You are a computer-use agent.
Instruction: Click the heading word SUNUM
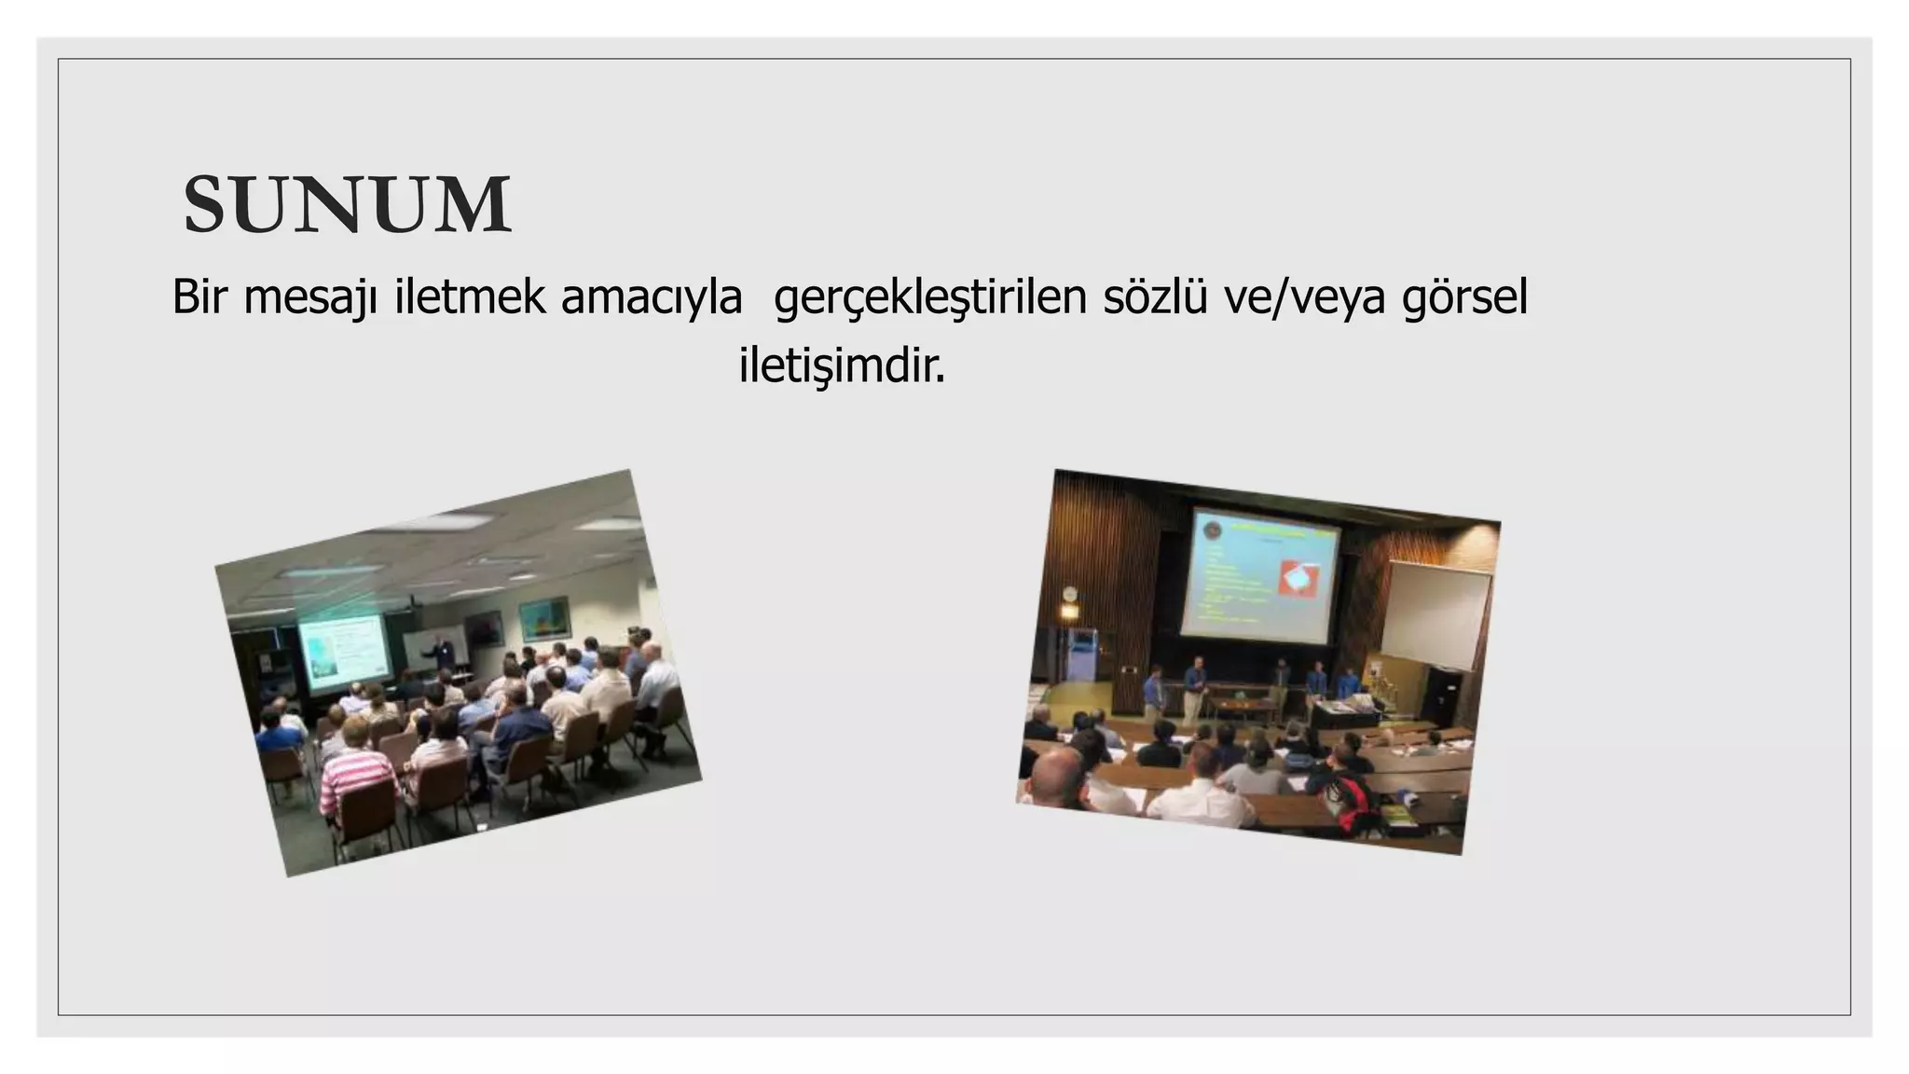coord(347,205)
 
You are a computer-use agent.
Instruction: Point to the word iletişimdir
coord(842,366)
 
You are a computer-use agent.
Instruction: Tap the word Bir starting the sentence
coord(200,298)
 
